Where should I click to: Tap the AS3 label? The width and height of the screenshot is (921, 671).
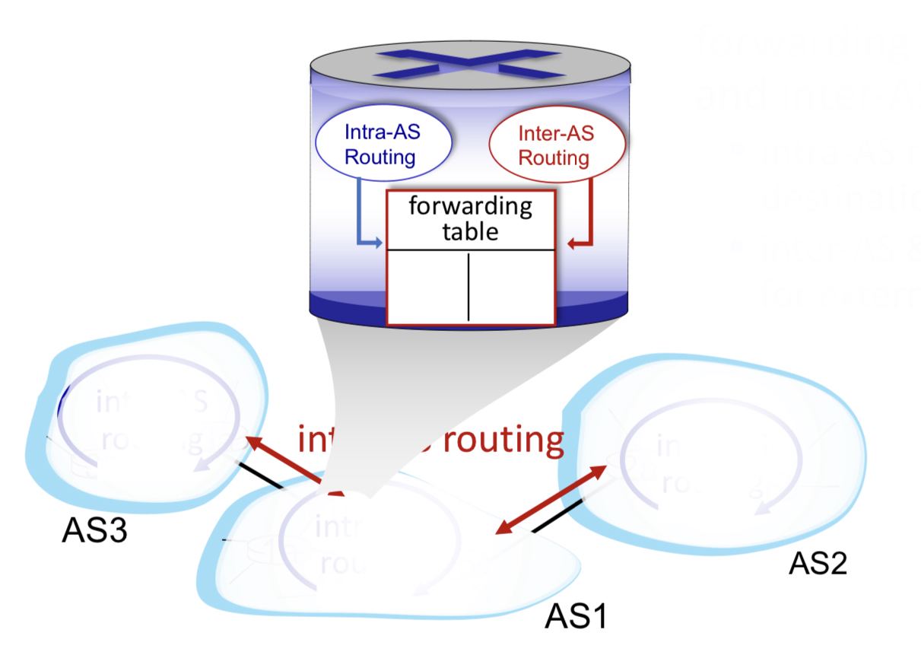click(x=94, y=531)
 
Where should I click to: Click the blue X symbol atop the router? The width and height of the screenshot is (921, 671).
click(x=470, y=64)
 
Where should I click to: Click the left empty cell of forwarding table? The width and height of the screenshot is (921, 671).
click(x=428, y=286)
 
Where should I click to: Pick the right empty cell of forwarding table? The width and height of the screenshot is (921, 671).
click(x=511, y=286)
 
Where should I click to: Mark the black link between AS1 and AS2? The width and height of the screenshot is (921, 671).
click(x=558, y=516)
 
